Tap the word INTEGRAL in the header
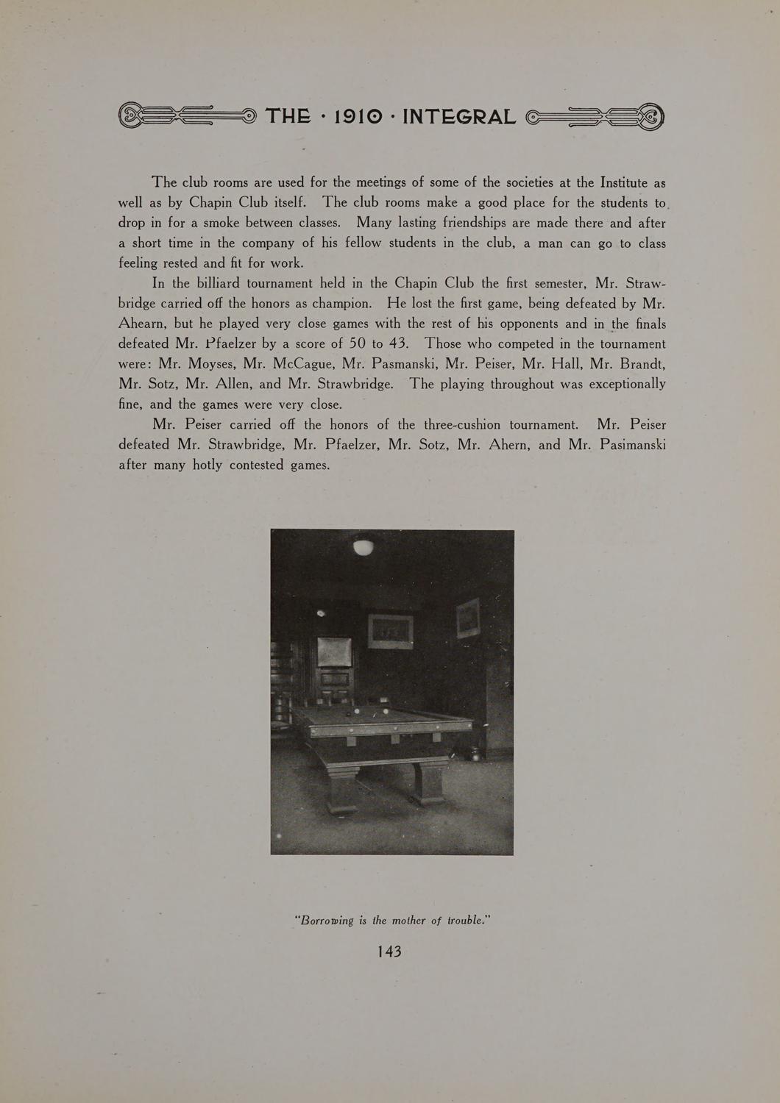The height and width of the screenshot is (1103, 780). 459,116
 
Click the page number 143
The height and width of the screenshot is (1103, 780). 389,951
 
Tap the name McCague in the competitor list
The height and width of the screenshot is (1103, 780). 304,363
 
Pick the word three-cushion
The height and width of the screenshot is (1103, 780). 462,424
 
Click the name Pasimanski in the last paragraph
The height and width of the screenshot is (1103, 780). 633,444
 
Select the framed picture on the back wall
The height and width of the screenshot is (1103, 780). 390,631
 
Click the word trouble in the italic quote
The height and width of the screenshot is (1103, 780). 469,920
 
